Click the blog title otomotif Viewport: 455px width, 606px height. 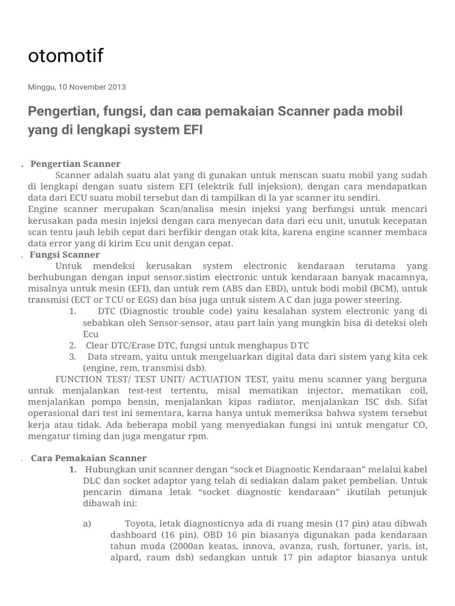pos(66,56)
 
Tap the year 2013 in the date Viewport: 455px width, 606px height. pos(116,87)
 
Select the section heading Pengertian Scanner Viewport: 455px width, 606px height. pos(75,164)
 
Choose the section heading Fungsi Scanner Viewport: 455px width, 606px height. pos(65,254)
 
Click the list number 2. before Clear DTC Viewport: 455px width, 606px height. pos(72,345)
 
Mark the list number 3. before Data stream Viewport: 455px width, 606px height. pos(72,356)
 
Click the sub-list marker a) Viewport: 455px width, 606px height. pos(87,524)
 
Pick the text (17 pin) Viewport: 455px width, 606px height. pos(350,524)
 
